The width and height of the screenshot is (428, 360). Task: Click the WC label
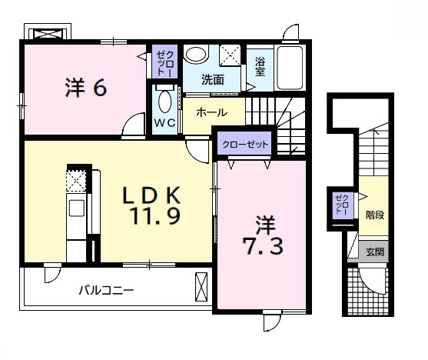pyautogui.click(x=165, y=122)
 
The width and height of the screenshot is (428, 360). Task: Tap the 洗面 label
pyautogui.click(x=213, y=79)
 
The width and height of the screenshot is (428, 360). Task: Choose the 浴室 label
pyautogui.click(x=260, y=67)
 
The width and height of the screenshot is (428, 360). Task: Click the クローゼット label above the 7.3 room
pyautogui.click(x=246, y=144)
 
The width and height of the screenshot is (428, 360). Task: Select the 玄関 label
pyautogui.click(x=374, y=251)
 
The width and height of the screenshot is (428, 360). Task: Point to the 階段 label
pyautogui.click(x=374, y=215)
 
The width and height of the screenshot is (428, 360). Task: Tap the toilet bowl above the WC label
pyautogui.click(x=164, y=101)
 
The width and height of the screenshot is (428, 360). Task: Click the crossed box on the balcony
pyautogui.click(x=202, y=285)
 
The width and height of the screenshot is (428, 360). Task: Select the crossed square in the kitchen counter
pyautogui.click(x=76, y=181)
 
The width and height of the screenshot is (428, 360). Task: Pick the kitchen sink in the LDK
pyautogui.click(x=77, y=209)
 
